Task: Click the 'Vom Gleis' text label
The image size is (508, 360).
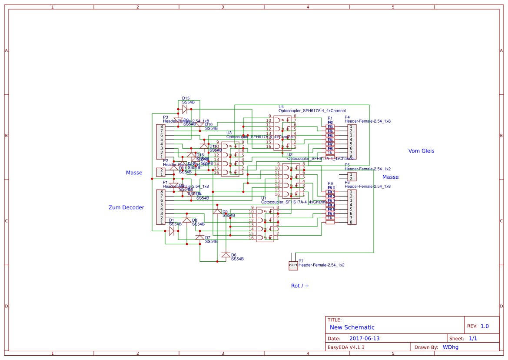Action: pyautogui.click(x=421, y=151)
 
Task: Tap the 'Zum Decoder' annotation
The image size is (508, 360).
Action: pyautogui.click(x=126, y=207)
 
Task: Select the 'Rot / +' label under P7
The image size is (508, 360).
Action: pyautogui.click(x=300, y=286)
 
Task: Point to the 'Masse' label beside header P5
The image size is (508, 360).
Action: pyautogui.click(x=390, y=177)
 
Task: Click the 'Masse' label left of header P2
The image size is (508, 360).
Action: pyautogui.click(x=134, y=173)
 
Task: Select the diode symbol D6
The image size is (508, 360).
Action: pyautogui.click(x=226, y=255)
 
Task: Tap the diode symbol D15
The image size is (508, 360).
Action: pyautogui.click(x=185, y=109)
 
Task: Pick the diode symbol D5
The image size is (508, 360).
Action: pyautogui.click(x=217, y=211)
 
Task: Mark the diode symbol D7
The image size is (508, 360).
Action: pyautogui.click(x=199, y=237)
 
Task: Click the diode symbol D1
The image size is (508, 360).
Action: pyautogui.click(x=172, y=230)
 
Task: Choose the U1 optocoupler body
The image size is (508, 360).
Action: pyautogui.click(x=265, y=224)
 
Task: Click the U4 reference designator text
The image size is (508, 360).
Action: pyautogui.click(x=281, y=107)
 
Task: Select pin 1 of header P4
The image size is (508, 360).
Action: pyautogui.click(x=351, y=127)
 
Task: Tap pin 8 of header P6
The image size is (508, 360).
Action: pyautogui.click(x=351, y=222)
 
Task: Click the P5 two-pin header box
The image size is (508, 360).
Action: pyautogui.click(x=352, y=176)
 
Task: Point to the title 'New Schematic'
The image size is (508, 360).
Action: pyautogui.click(x=352, y=327)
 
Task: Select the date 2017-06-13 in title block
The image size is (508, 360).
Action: pyautogui.click(x=364, y=338)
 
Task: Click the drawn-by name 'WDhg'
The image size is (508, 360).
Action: pyautogui.click(x=450, y=347)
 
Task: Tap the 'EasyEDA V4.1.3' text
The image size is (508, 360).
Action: pyautogui.click(x=346, y=347)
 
